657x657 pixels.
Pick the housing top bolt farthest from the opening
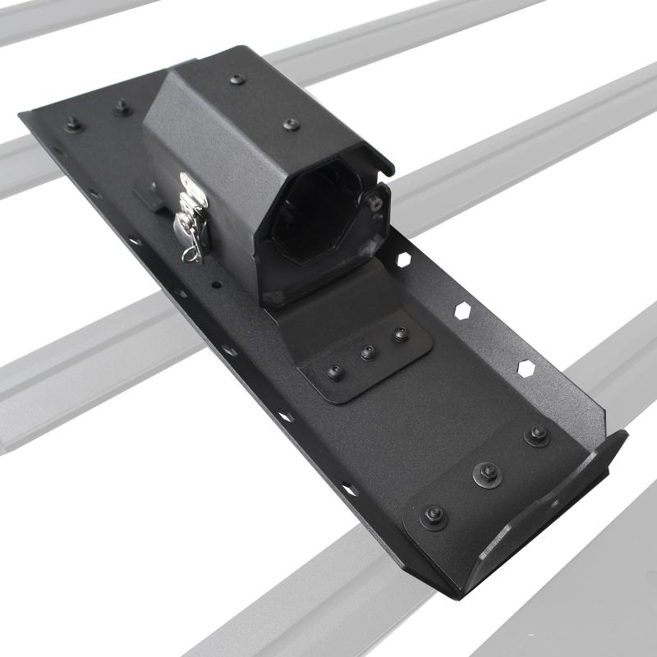click(x=237, y=80)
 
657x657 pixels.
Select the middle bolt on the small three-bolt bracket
click(x=367, y=353)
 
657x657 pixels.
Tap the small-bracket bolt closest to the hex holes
click(x=400, y=334)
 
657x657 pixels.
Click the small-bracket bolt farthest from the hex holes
click(x=334, y=371)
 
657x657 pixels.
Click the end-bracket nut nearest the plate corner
click(x=433, y=513)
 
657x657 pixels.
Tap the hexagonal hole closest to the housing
click(x=403, y=260)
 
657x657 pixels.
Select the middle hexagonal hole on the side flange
click(x=462, y=311)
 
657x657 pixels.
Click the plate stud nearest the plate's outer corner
click(x=73, y=124)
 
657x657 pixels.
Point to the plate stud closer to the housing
click(x=122, y=106)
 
